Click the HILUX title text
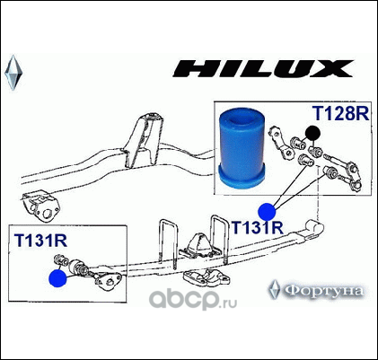pyautogui.click(x=263, y=69)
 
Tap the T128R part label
pyautogui.click(x=341, y=113)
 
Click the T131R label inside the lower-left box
pyautogui.click(x=40, y=241)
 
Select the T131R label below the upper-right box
pyautogui.click(x=258, y=227)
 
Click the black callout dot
pyautogui.click(x=312, y=134)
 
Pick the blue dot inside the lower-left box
pyautogui.click(x=57, y=278)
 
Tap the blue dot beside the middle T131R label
pyautogui.click(x=267, y=212)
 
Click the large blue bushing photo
pyautogui.click(x=242, y=149)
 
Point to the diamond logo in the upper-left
pyautogui.click(x=13, y=73)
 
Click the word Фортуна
pyautogui.click(x=323, y=290)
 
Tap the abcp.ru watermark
pyautogui.click(x=193, y=300)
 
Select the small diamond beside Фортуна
pyautogui.click(x=274, y=289)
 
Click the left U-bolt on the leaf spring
pyautogui.click(x=168, y=243)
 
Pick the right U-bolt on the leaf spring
pyautogui.click(x=220, y=236)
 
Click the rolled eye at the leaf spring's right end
pyautogui.click(x=314, y=226)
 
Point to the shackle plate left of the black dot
pyautogui.click(x=281, y=143)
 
